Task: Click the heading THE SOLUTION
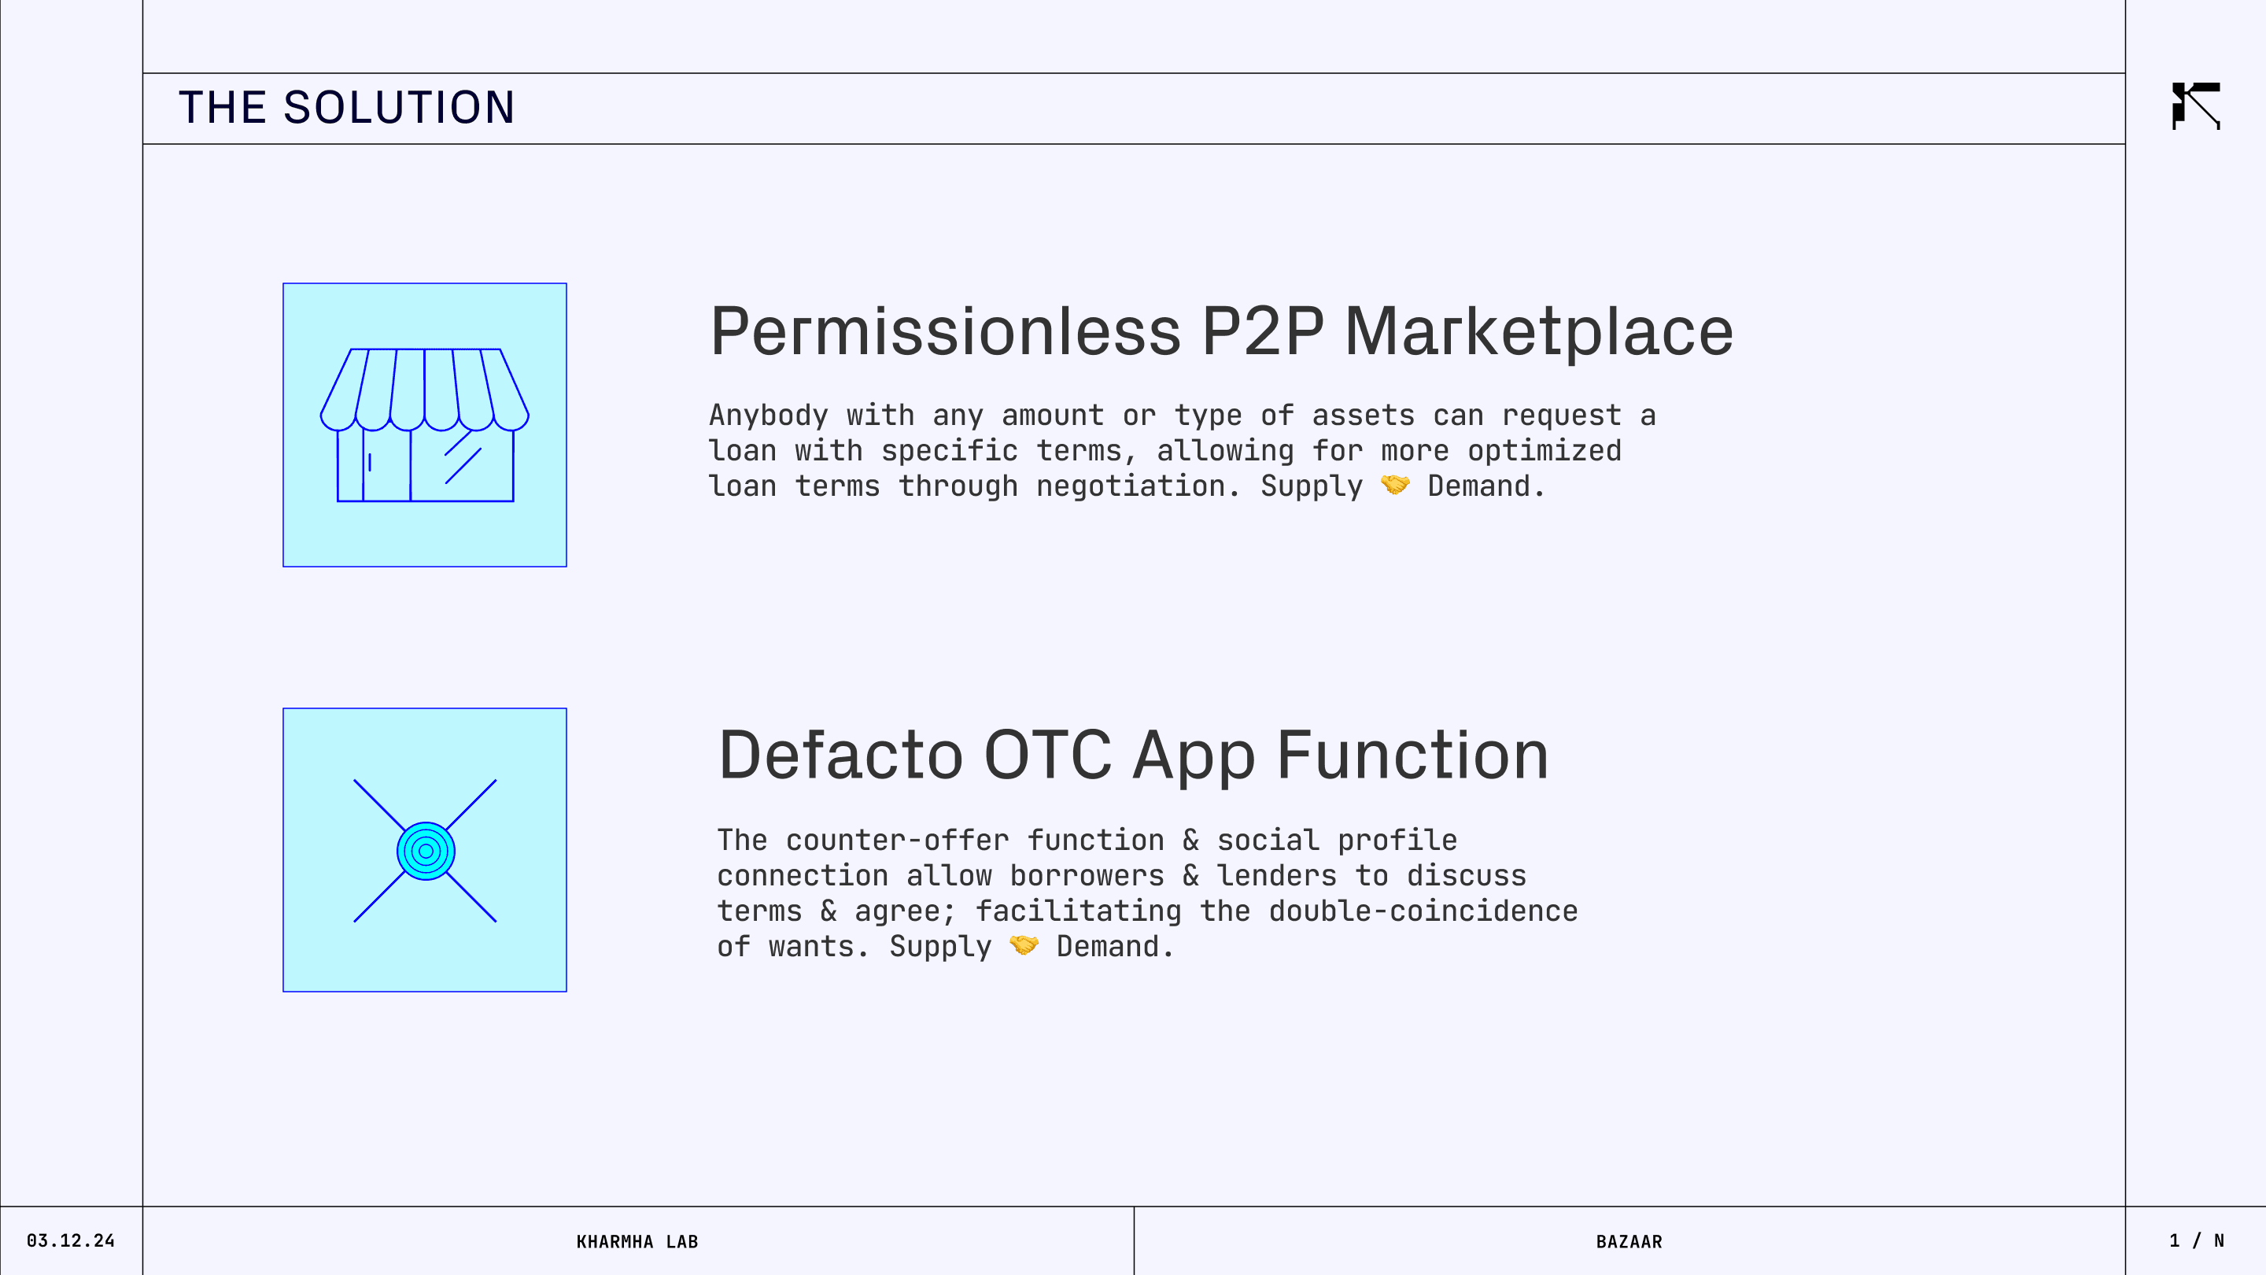(x=346, y=107)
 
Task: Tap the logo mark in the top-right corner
(x=2196, y=105)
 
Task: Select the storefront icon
(x=425, y=425)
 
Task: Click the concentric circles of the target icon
(x=426, y=851)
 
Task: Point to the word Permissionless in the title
(x=946, y=331)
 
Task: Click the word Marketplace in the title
(x=1538, y=331)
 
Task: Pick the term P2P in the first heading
(x=1262, y=331)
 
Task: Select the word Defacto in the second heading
(x=840, y=756)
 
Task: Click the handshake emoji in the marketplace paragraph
(x=1395, y=485)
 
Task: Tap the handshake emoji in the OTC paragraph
(x=1024, y=945)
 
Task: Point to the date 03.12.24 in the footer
(x=70, y=1240)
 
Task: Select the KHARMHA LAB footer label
(x=637, y=1242)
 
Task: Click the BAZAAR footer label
(x=1629, y=1242)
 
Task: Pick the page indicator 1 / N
(x=2197, y=1240)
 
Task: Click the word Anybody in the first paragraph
(x=769, y=416)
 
